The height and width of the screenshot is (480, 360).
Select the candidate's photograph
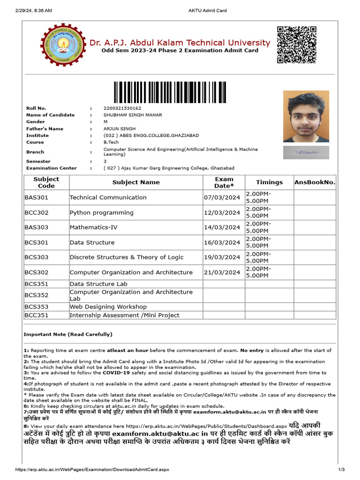[306, 117]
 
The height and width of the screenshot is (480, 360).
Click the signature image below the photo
[306, 152]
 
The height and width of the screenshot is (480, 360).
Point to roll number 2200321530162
[122, 108]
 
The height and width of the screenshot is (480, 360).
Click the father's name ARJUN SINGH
[120, 129]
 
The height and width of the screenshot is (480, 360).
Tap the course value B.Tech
[111, 142]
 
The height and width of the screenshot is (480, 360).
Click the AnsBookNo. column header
[315, 182]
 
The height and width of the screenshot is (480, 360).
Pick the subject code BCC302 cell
[37, 213]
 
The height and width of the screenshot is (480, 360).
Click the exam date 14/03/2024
[222, 228]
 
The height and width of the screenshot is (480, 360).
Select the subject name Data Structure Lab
[98, 284]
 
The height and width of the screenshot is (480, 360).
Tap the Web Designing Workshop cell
[108, 307]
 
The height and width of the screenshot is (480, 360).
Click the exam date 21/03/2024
[222, 273]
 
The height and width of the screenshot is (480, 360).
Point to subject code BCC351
[37, 315]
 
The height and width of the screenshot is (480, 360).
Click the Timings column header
[269, 182]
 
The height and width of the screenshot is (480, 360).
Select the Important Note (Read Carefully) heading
[68, 335]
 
